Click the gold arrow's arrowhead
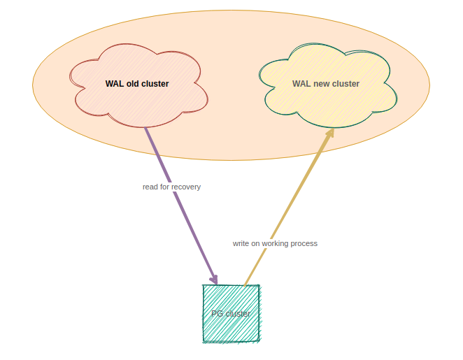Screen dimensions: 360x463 pyautogui.click(x=329, y=134)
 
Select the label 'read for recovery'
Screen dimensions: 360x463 pyautogui.click(x=171, y=187)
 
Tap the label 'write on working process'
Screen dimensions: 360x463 pyautogui.click(x=275, y=243)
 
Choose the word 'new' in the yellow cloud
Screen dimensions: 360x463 pyautogui.click(x=322, y=84)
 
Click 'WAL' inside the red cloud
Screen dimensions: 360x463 pyautogui.click(x=115, y=84)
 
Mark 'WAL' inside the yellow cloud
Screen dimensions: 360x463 pyautogui.click(x=301, y=84)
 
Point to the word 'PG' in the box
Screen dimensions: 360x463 pyautogui.click(x=217, y=314)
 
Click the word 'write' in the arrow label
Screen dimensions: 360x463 pyautogui.click(x=241, y=243)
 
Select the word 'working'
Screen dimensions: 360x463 pyautogui.click(x=276, y=243)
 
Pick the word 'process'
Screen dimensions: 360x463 pyautogui.click(x=305, y=243)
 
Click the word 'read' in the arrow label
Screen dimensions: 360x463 pyautogui.click(x=150, y=187)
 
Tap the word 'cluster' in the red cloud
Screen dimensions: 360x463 pyautogui.click(x=155, y=84)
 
